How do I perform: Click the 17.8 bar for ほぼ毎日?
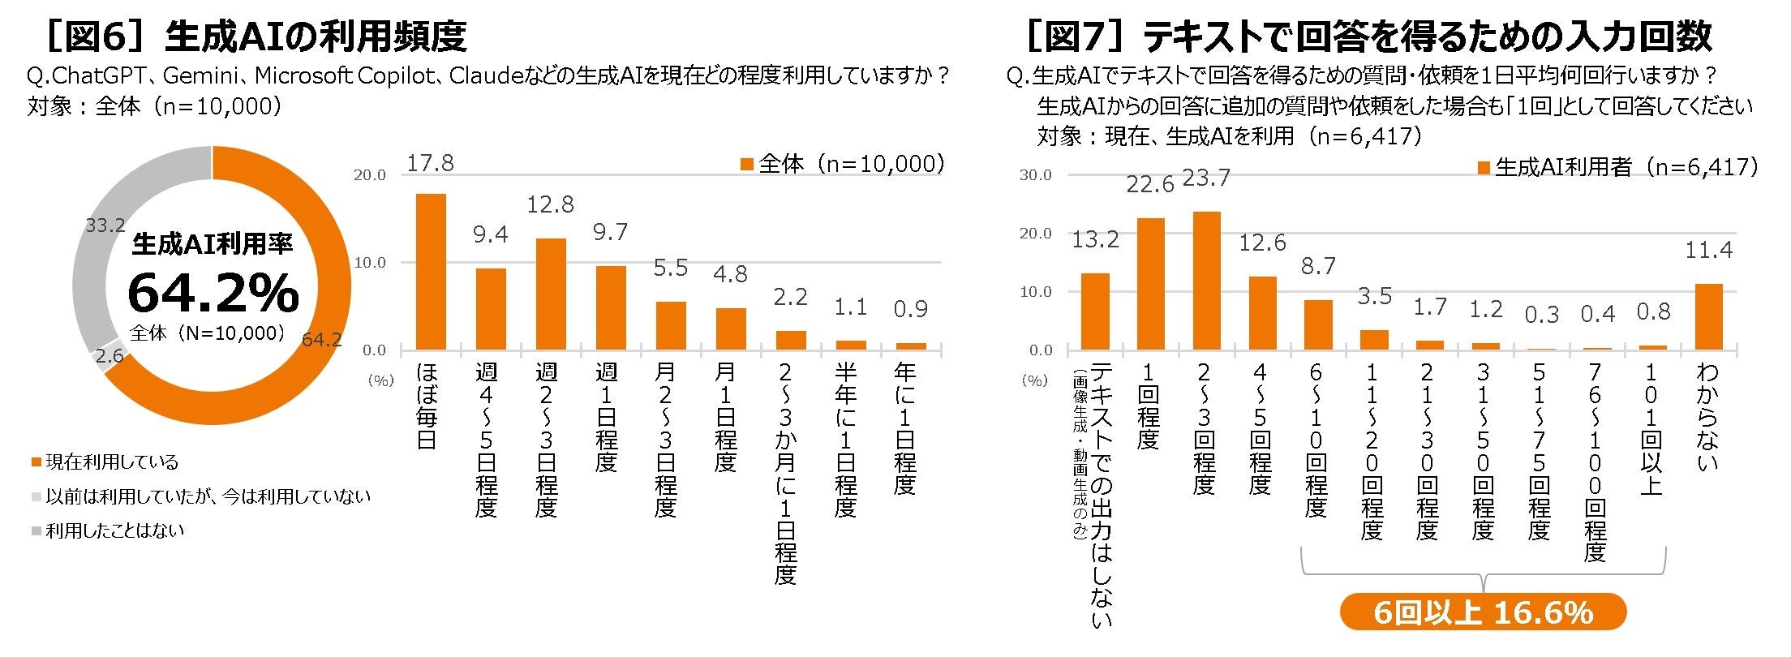431,272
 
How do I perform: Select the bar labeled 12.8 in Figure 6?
551,294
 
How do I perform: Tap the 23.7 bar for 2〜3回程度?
1206,281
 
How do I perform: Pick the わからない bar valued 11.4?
1709,317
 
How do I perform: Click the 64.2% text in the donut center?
213,293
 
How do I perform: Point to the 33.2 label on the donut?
105,225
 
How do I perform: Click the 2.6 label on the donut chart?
110,355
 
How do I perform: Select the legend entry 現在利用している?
105,462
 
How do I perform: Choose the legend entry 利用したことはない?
108,531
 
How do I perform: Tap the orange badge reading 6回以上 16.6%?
1484,612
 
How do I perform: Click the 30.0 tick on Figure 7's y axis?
1035,175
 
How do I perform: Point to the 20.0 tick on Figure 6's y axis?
370,175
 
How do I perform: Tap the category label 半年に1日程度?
845,440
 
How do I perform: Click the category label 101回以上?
1651,429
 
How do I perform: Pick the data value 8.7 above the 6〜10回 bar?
1318,266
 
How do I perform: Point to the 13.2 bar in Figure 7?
1095,311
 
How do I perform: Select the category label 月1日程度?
725,418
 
